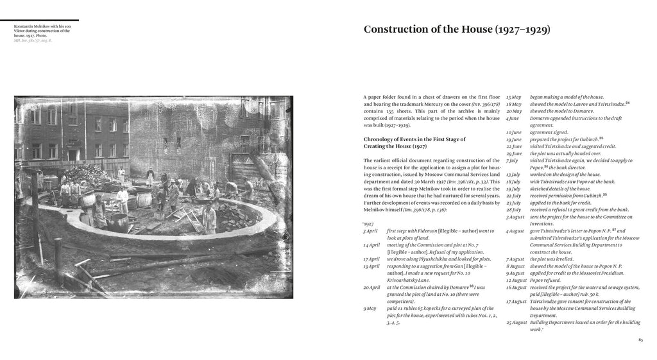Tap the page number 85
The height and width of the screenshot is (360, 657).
(640, 340)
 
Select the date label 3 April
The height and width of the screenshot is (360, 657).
(371, 230)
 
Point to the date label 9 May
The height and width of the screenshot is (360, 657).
(369, 309)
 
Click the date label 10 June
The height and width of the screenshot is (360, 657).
(513, 132)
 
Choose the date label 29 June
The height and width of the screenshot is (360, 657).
(513, 153)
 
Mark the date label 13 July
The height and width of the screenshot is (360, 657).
(513, 175)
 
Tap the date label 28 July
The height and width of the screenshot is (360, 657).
(513, 209)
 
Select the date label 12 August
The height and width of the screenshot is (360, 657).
(515, 280)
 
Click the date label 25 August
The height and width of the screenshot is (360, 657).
(515, 322)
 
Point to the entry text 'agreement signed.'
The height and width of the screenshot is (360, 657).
(549, 132)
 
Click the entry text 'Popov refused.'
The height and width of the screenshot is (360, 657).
(547, 280)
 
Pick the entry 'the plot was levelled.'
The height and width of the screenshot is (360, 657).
(554, 259)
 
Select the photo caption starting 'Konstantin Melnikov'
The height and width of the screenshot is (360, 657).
(42, 31)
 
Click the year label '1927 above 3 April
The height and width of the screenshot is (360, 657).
(368, 223)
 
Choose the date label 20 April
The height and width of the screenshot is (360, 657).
(371, 287)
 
